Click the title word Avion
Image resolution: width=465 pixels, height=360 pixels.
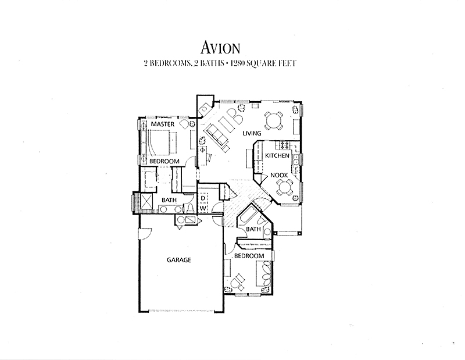point(220,48)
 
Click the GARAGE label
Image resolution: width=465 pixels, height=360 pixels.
point(179,260)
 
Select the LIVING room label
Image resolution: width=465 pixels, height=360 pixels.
point(252,133)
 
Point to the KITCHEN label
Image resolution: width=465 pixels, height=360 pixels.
point(277,155)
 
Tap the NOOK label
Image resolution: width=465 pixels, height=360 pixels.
point(279,175)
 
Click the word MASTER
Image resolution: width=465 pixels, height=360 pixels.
point(163,124)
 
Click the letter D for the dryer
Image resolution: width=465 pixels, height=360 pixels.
point(203,198)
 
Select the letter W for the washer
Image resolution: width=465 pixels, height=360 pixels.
point(203,208)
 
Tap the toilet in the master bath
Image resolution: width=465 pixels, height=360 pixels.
point(190,208)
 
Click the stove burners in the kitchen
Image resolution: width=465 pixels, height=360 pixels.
point(285,145)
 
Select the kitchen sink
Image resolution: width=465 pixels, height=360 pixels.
point(296,160)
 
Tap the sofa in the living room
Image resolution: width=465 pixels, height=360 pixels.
point(216,137)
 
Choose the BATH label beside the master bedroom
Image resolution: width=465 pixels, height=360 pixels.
point(169,200)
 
